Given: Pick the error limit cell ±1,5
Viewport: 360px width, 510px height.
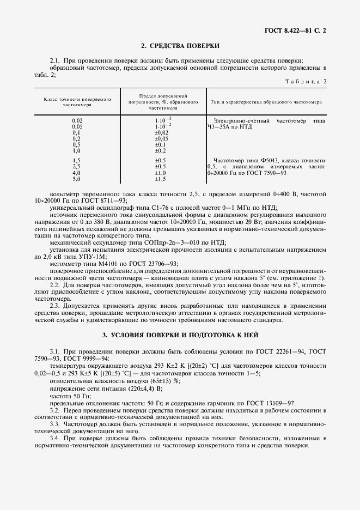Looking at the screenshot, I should pos(160,179).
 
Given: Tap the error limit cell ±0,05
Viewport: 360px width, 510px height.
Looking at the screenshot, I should pos(161,138).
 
